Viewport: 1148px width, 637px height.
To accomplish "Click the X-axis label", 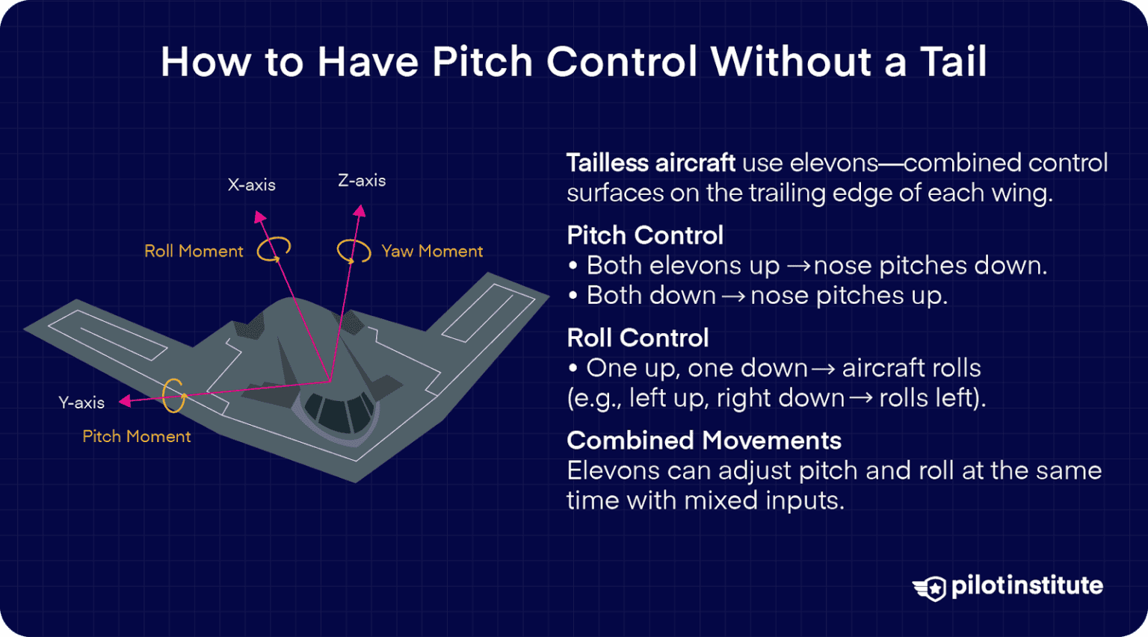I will click(252, 185).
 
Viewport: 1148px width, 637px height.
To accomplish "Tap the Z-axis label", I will click(362, 181).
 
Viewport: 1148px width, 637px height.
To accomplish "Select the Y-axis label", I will click(81, 403).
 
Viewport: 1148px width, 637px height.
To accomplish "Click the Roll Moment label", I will click(194, 252).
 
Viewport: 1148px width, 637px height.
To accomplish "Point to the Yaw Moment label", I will click(432, 252).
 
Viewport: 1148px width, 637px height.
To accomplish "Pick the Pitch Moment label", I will click(137, 437).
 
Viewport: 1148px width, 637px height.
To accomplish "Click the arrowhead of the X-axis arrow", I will click(259, 217).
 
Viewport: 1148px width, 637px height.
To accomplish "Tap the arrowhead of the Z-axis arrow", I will click(360, 211).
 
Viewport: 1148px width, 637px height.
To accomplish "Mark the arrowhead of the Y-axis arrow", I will click(125, 401).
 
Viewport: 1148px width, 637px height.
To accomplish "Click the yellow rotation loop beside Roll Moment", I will click(274, 249).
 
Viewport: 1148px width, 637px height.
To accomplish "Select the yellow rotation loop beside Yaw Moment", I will click(354, 251).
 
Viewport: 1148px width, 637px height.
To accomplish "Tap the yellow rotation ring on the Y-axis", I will click(173, 395).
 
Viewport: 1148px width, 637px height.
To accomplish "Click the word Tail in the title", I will click(953, 62).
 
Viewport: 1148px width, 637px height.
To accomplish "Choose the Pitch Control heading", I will click(645, 236).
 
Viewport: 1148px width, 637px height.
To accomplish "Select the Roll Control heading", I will click(638, 338).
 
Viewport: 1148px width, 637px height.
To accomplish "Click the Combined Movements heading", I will click(704, 441).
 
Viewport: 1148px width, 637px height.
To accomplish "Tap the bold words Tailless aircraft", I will click(651, 163).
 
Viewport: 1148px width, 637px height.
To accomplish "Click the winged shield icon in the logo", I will click(930, 588).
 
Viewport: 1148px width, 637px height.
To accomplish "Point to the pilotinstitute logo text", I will click(1027, 586).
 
